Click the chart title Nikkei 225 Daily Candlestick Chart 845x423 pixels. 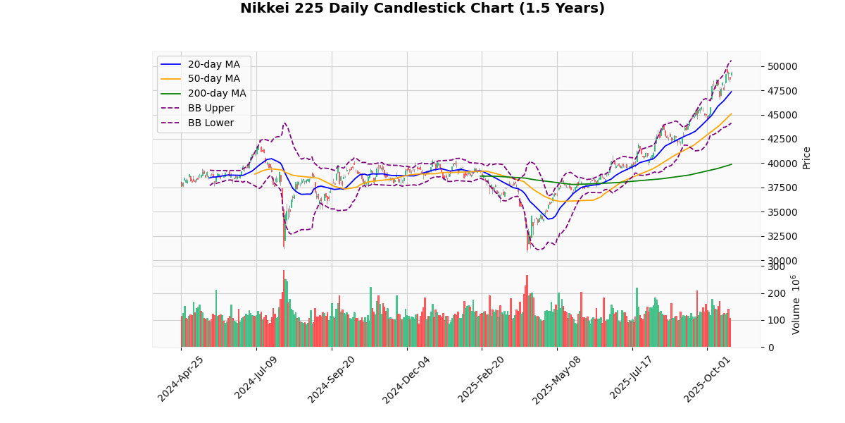point(423,8)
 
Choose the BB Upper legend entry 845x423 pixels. point(211,108)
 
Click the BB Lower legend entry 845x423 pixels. point(211,123)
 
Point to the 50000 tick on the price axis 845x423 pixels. point(782,67)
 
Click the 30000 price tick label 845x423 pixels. point(782,261)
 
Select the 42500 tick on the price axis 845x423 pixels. point(782,140)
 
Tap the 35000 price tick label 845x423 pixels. point(782,212)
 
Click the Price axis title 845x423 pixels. point(807,157)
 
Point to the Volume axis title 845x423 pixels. point(796,305)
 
